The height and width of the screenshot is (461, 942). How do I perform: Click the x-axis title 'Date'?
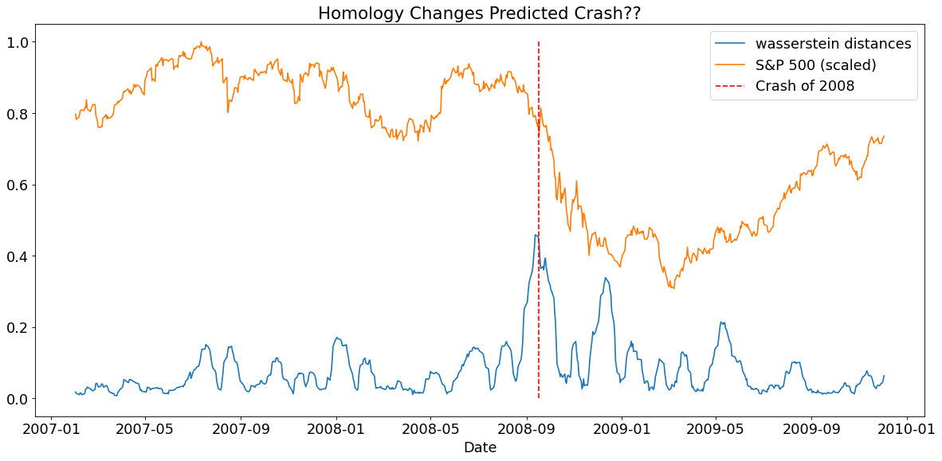point(480,448)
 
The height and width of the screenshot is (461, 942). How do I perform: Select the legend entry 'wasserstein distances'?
point(833,43)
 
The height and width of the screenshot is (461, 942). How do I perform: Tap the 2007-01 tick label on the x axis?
point(52,430)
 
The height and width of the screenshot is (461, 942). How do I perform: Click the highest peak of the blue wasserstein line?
point(536,234)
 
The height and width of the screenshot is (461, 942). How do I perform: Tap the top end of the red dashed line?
point(539,42)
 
